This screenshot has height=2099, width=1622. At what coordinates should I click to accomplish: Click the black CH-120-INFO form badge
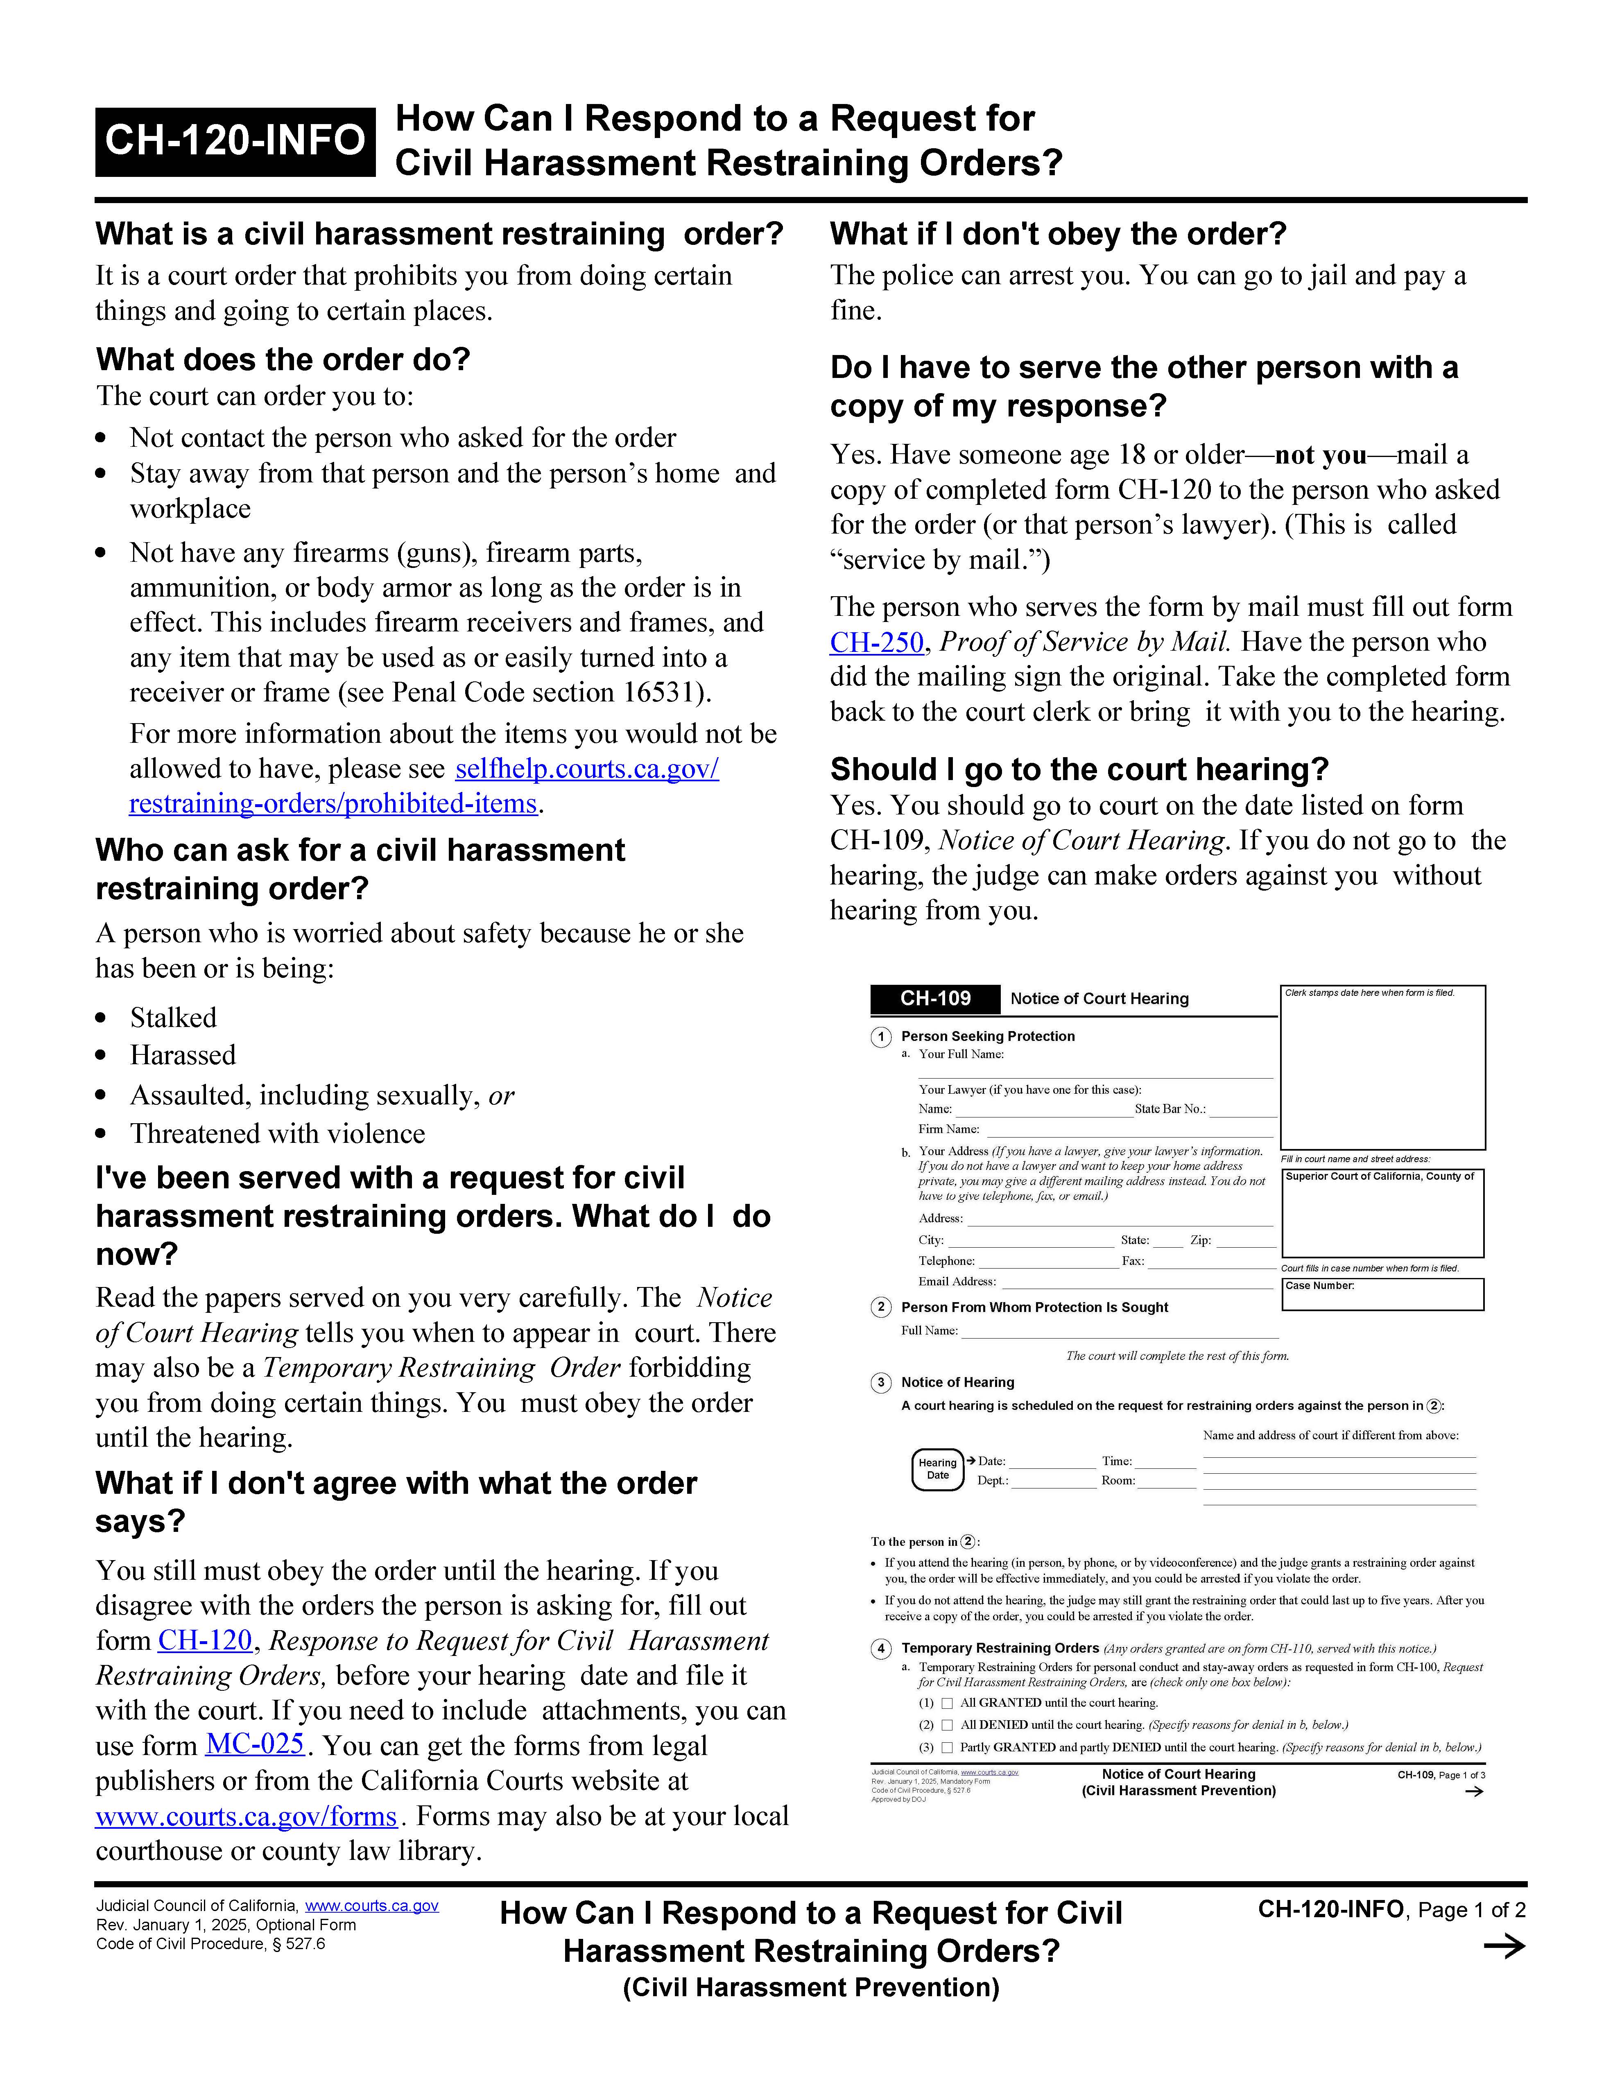coord(235,141)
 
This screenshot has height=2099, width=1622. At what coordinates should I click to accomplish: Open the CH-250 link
coord(876,642)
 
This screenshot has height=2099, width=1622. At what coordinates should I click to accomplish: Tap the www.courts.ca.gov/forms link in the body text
coord(246,1816)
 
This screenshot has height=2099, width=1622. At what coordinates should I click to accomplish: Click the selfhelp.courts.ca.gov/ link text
coord(586,769)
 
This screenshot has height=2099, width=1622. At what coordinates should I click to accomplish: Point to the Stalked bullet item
coord(173,1018)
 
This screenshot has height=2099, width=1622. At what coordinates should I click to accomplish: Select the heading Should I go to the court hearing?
coord(1079,770)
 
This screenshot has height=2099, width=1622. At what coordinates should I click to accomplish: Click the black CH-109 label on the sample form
coord(935,999)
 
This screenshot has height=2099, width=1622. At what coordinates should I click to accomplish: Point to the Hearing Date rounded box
coord(938,1470)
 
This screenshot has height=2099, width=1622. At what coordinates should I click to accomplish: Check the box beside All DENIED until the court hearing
coord(948,1725)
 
